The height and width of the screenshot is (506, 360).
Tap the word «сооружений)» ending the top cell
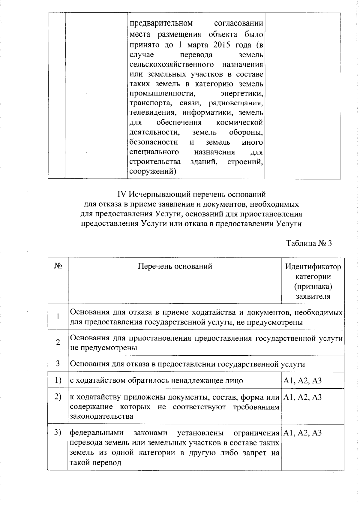pyautogui.click(x=152, y=171)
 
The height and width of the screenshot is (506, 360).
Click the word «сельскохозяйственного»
pyautogui.click(x=172, y=65)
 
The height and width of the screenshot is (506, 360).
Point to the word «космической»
pyautogui.click(x=239, y=122)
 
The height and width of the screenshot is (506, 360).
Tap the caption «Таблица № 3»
pyautogui.click(x=309, y=243)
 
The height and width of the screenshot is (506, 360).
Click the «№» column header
pyautogui.click(x=58, y=266)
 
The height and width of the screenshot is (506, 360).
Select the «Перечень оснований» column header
pyautogui.click(x=175, y=266)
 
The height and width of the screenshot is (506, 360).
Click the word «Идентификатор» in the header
pyautogui.click(x=313, y=267)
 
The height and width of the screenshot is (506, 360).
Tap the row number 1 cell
pyautogui.click(x=58, y=317)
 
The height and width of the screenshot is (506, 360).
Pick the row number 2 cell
pyautogui.click(x=58, y=342)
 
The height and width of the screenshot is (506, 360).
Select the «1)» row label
pyautogui.click(x=58, y=380)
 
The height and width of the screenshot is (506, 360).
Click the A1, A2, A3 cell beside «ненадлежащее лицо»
pyautogui.click(x=302, y=381)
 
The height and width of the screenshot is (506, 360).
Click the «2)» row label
pyautogui.click(x=58, y=397)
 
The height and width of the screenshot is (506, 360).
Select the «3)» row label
pyautogui.click(x=58, y=432)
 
